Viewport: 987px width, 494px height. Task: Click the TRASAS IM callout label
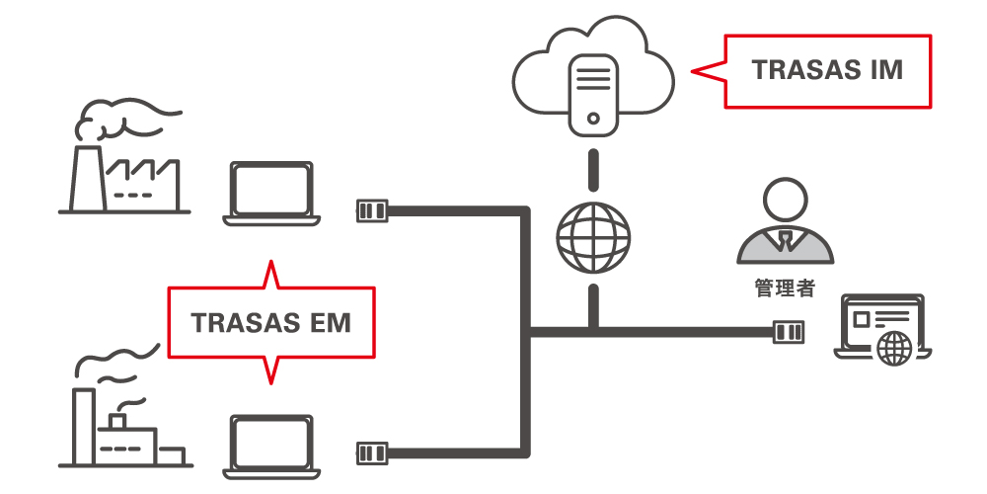827,71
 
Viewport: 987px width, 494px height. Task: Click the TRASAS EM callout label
270,323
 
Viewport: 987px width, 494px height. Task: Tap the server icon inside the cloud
593,93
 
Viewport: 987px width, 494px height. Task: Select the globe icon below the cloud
592,238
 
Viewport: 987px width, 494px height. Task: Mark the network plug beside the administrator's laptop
788,332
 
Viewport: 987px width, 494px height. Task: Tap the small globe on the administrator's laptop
895,348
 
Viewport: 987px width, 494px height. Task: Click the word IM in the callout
886,71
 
